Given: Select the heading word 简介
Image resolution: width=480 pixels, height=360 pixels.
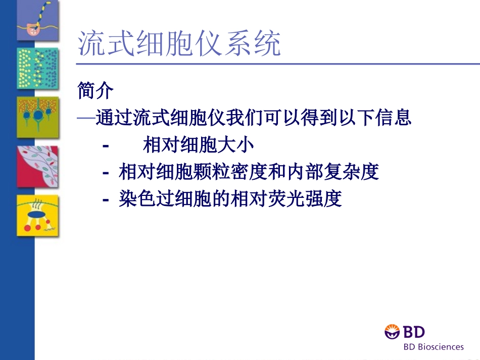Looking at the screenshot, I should tap(96, 91).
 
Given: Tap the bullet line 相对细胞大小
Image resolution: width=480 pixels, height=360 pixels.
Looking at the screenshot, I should tap(198, 145).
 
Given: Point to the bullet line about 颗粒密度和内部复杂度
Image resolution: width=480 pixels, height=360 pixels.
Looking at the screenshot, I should tap(249, 172).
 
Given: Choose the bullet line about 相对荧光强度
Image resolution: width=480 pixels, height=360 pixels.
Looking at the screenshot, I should tap(230, 199).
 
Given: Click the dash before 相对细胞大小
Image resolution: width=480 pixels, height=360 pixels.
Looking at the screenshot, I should tap(106, 146).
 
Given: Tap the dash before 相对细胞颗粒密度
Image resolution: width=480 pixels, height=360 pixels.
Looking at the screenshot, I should tap(106, 173).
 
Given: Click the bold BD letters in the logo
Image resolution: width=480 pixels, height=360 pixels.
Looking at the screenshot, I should tap(413, 332).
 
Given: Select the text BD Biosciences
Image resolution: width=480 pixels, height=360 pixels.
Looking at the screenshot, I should tap(433, 347).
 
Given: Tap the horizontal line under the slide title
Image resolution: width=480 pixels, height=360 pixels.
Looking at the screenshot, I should tap(277, 64).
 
